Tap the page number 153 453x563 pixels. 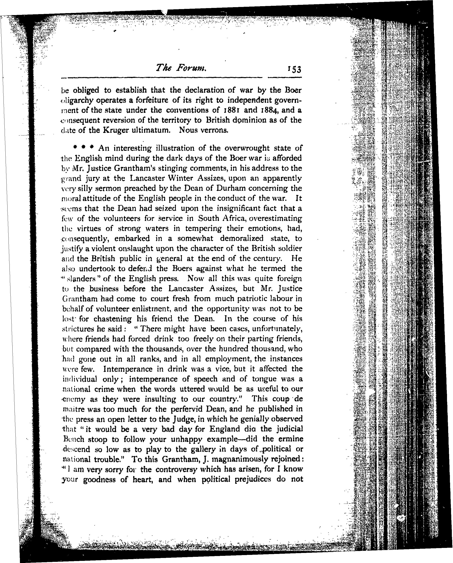coord(294,69)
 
